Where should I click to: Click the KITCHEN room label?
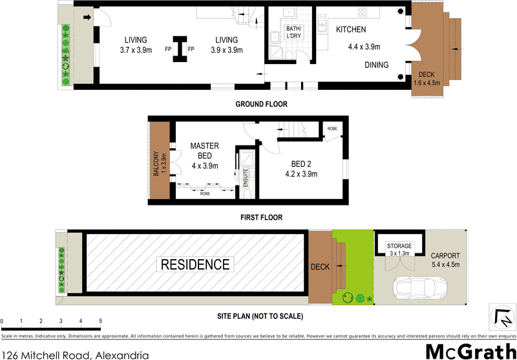(x=351, y=30)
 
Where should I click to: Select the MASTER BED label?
(x=205, y=151)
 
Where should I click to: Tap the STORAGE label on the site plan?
(x=399, y=246)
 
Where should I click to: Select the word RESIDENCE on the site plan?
(x=195, y=264)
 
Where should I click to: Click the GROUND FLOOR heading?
(x=261, y=104)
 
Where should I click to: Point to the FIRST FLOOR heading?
(x=260, y=218)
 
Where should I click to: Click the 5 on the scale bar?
(x=100, y=321)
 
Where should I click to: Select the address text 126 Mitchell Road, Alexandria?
(x=75, y=353)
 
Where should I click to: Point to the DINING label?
(x=375, y=65)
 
